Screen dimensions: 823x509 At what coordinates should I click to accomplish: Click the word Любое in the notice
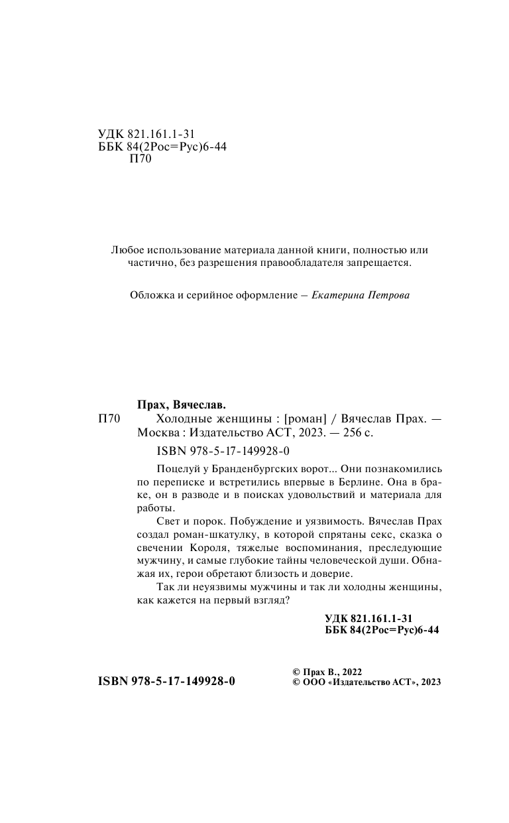(125, 251)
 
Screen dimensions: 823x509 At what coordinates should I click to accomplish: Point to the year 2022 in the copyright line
(349, 671)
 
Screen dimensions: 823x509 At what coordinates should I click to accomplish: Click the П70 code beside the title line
(109, 419)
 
